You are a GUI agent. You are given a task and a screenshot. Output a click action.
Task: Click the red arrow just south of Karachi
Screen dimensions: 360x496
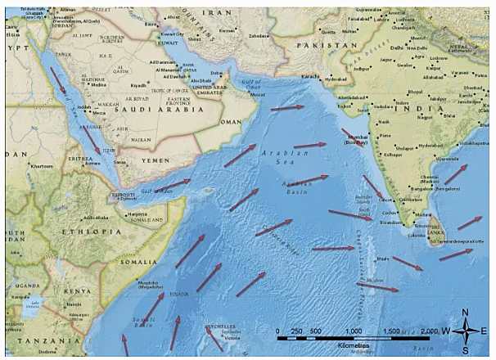pos(286,107)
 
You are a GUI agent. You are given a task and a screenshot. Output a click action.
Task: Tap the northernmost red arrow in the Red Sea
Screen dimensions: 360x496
pos(56,80)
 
